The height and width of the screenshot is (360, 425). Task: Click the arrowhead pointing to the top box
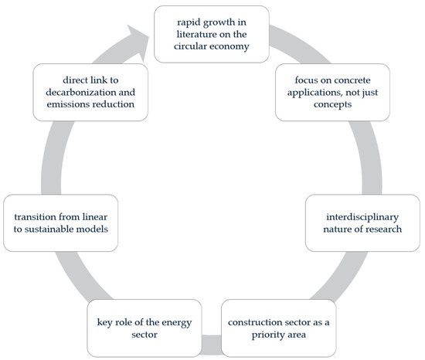point(138,42)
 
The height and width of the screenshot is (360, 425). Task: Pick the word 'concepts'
point(332,104)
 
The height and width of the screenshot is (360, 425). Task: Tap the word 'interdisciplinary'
point(362,217)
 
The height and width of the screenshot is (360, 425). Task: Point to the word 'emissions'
point(65,104)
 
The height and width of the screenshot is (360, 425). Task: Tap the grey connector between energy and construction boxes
point(212,345)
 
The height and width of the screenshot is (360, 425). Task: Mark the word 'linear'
point(94,217)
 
